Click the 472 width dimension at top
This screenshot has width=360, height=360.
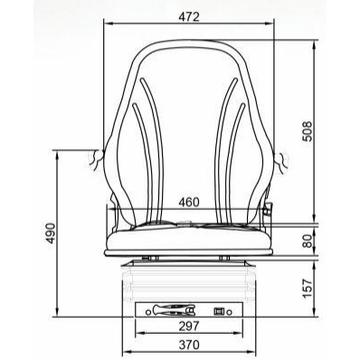click(189, 17)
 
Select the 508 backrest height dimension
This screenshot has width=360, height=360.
click(308, 131)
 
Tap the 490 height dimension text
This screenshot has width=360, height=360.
click(51, 233)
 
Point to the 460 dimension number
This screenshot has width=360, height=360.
click(189, 202)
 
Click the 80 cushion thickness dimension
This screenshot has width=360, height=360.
click(308, 242)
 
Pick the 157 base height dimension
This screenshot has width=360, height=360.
click(308, 289)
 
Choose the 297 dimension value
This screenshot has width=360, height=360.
click(189, 326)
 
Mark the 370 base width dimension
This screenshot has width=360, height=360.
click(189, 345)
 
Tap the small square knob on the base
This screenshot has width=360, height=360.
click(218, 311)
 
